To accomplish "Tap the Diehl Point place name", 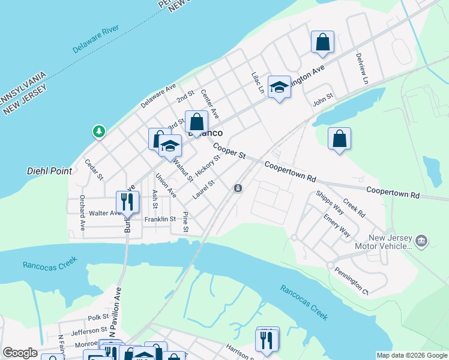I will (50, 171).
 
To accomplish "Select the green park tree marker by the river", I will (98, 131).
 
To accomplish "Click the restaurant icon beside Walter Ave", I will (127, 202).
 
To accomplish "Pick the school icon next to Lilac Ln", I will (279, 86).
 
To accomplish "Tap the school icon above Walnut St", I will (170, 146).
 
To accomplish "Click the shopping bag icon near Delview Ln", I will (322, 43).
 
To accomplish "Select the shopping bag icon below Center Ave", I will (196, 122).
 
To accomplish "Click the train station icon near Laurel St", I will (238, 188).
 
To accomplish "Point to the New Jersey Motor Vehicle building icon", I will (421, 241).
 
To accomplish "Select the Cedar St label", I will (94, 170).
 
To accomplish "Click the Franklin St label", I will (160, 220).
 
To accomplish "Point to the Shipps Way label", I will (330, 202).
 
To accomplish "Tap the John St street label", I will (323, 102).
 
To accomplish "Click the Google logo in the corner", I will (20, 353).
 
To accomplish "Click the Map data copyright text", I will (411, 355).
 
